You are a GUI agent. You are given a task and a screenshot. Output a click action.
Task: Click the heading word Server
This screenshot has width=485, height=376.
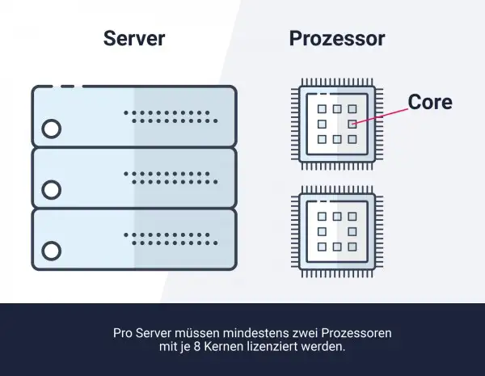pyautogui.click(x=134, y=40)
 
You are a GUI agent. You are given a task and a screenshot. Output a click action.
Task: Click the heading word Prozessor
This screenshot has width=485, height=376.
pyautogui.click(x=337, y=40)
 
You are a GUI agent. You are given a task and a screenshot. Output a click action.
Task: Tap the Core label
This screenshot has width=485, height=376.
pyautogui.click(x=429, y=103)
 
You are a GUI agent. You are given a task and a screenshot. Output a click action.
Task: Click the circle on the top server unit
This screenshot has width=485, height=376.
pyautogui.click(x=51, y=129)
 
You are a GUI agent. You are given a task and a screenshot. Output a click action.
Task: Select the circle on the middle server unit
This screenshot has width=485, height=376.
pyautogui.click(x=51, y=190)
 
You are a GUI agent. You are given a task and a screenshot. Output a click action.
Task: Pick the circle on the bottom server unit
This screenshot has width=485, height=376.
pyautogui.click(x=51, y=251)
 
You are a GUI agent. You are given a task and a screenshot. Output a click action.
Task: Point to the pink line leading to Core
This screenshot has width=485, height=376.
pyautogui.click(x=380, y=116)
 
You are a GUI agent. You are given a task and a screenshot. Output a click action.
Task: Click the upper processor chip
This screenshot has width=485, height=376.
pyautogui.click(x=337, y=124)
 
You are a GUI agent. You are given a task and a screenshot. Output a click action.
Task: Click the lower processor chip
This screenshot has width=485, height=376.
pyautogui.click(x=337, y=231)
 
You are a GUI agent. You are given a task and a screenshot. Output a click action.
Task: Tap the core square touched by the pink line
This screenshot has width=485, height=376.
pyautogui.click(x=352, y=124)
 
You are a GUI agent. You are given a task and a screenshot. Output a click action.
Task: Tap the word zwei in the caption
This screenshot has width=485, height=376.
pyautogui.click(x=296, y=333)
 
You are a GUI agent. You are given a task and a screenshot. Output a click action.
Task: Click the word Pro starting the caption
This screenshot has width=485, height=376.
pyautogui.click(x=121, y=333)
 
